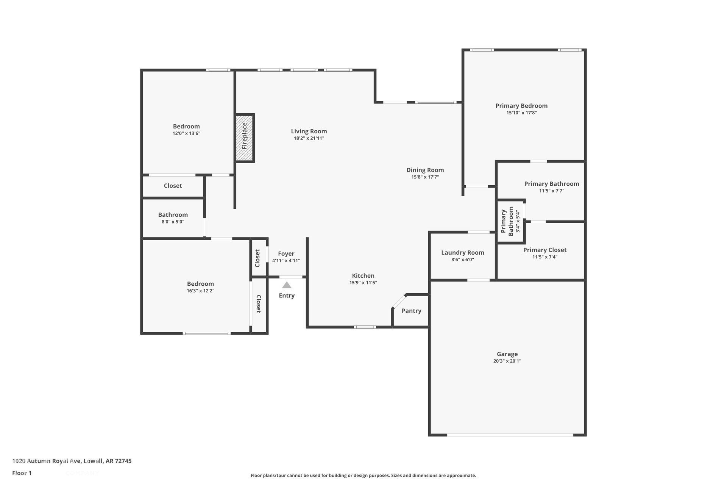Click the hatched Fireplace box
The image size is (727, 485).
point(245,138)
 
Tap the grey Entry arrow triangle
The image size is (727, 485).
point(287,285)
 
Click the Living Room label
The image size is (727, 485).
point(309,131)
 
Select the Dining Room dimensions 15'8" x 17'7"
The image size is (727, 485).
point(425,177)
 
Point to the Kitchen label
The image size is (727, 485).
point(363,276)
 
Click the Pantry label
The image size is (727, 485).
point(412,311)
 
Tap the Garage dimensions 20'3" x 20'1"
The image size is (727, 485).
point(507,361)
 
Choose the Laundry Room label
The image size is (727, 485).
point(463,253)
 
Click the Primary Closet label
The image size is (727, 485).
point(545,250)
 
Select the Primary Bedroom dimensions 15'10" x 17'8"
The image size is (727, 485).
point(522,113)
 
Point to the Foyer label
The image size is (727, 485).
point(286,254)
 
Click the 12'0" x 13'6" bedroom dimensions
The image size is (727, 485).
point(186,133)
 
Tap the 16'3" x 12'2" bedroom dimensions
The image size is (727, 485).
point(201,291)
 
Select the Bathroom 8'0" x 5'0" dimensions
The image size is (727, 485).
point(173,222)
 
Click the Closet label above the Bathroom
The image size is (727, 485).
point(173,186)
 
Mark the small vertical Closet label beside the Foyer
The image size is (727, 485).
point(257,258)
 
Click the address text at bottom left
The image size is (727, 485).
point(72,461)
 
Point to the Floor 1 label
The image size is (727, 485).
point(22,473)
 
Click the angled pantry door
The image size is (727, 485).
point(399,302)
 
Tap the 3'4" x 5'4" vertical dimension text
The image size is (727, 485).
point(518,222)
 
